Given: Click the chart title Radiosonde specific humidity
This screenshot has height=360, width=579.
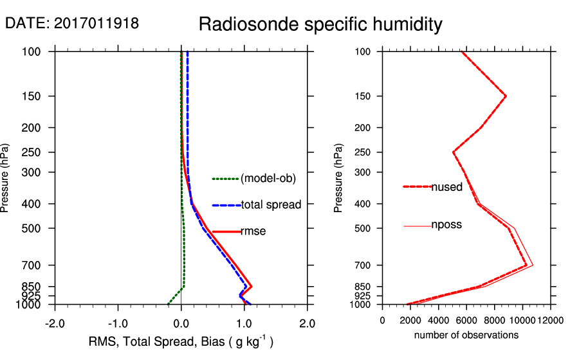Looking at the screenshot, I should (x=320, y=24).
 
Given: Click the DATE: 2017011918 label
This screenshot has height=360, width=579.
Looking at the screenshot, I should (x=71, y=24).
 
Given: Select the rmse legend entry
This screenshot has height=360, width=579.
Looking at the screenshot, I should (x=253, y=231).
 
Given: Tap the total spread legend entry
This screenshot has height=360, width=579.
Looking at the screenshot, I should (x=271, y=205).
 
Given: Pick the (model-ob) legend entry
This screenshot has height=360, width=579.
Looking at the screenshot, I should (x=268, y=179).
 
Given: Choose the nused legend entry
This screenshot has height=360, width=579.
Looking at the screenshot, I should (x=446, y=187).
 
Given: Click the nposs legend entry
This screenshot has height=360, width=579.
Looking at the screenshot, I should (x=446, y=225).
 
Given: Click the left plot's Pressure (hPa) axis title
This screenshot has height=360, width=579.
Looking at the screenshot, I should (x=6, y=177).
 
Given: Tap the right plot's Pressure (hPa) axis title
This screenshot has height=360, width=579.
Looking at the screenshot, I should (x=340, y=177).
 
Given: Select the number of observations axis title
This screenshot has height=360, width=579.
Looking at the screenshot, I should (x=466, y=335).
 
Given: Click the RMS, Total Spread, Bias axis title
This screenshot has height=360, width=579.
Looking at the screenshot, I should (x=181, y=342).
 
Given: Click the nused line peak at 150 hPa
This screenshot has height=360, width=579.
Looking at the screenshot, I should (x=506, y=96).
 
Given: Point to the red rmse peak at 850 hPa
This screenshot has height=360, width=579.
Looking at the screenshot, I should (x=251, y=286).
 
